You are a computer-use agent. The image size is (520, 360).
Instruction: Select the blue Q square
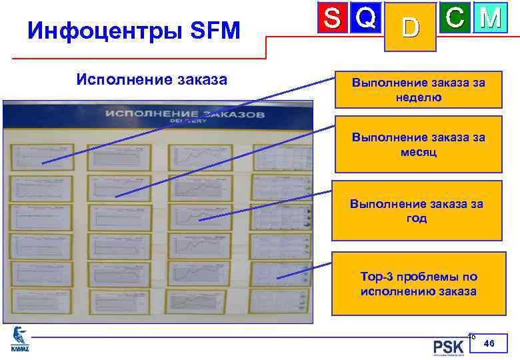point(365,18)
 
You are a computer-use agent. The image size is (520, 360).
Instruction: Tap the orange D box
point(411,27)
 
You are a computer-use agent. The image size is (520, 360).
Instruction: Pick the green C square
point(455,18)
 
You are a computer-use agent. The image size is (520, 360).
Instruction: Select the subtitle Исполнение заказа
point(152,80)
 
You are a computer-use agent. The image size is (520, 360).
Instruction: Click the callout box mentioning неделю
point(418,90)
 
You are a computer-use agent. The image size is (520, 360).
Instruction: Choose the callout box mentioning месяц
point(418,144)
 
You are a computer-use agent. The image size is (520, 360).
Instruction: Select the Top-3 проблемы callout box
point(418,284)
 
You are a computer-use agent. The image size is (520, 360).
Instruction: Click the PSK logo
point(448,347)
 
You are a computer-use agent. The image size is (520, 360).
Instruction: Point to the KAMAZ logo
point(21,339)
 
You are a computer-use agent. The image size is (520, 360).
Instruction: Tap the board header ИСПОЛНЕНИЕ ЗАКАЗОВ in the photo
point(184,115)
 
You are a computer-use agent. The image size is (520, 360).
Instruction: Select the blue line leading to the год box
point(267,205)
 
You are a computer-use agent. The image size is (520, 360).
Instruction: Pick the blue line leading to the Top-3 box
point(304,271)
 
